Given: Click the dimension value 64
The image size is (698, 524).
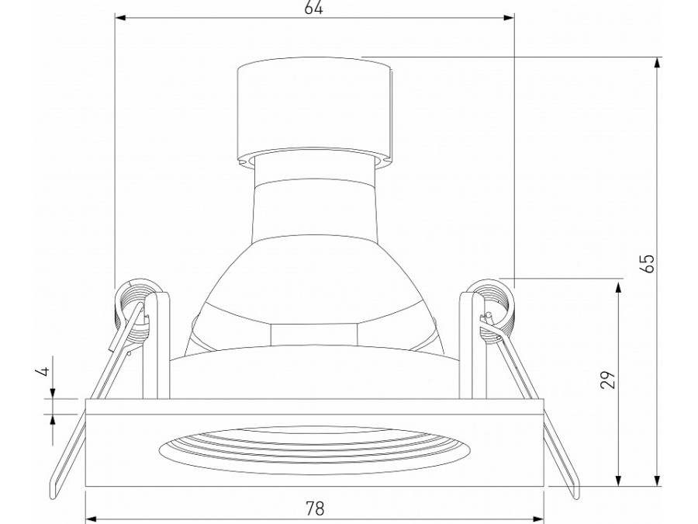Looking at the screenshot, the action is pos(313,8).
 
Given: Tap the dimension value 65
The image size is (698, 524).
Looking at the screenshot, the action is pos(649,263).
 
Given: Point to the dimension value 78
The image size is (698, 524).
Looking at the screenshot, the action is pos(315,508).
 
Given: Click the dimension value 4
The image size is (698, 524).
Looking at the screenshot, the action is pos(43,371).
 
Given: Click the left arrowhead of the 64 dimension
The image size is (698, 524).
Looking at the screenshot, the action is pos(121,18).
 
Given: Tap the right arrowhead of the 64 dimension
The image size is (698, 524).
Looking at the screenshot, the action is pos(508,18).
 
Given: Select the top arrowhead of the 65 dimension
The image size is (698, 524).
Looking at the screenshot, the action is pos(657,64).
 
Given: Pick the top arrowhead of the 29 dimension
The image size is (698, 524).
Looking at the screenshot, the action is pos(618,287).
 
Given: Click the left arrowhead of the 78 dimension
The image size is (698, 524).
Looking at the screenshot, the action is pos(91,519).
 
